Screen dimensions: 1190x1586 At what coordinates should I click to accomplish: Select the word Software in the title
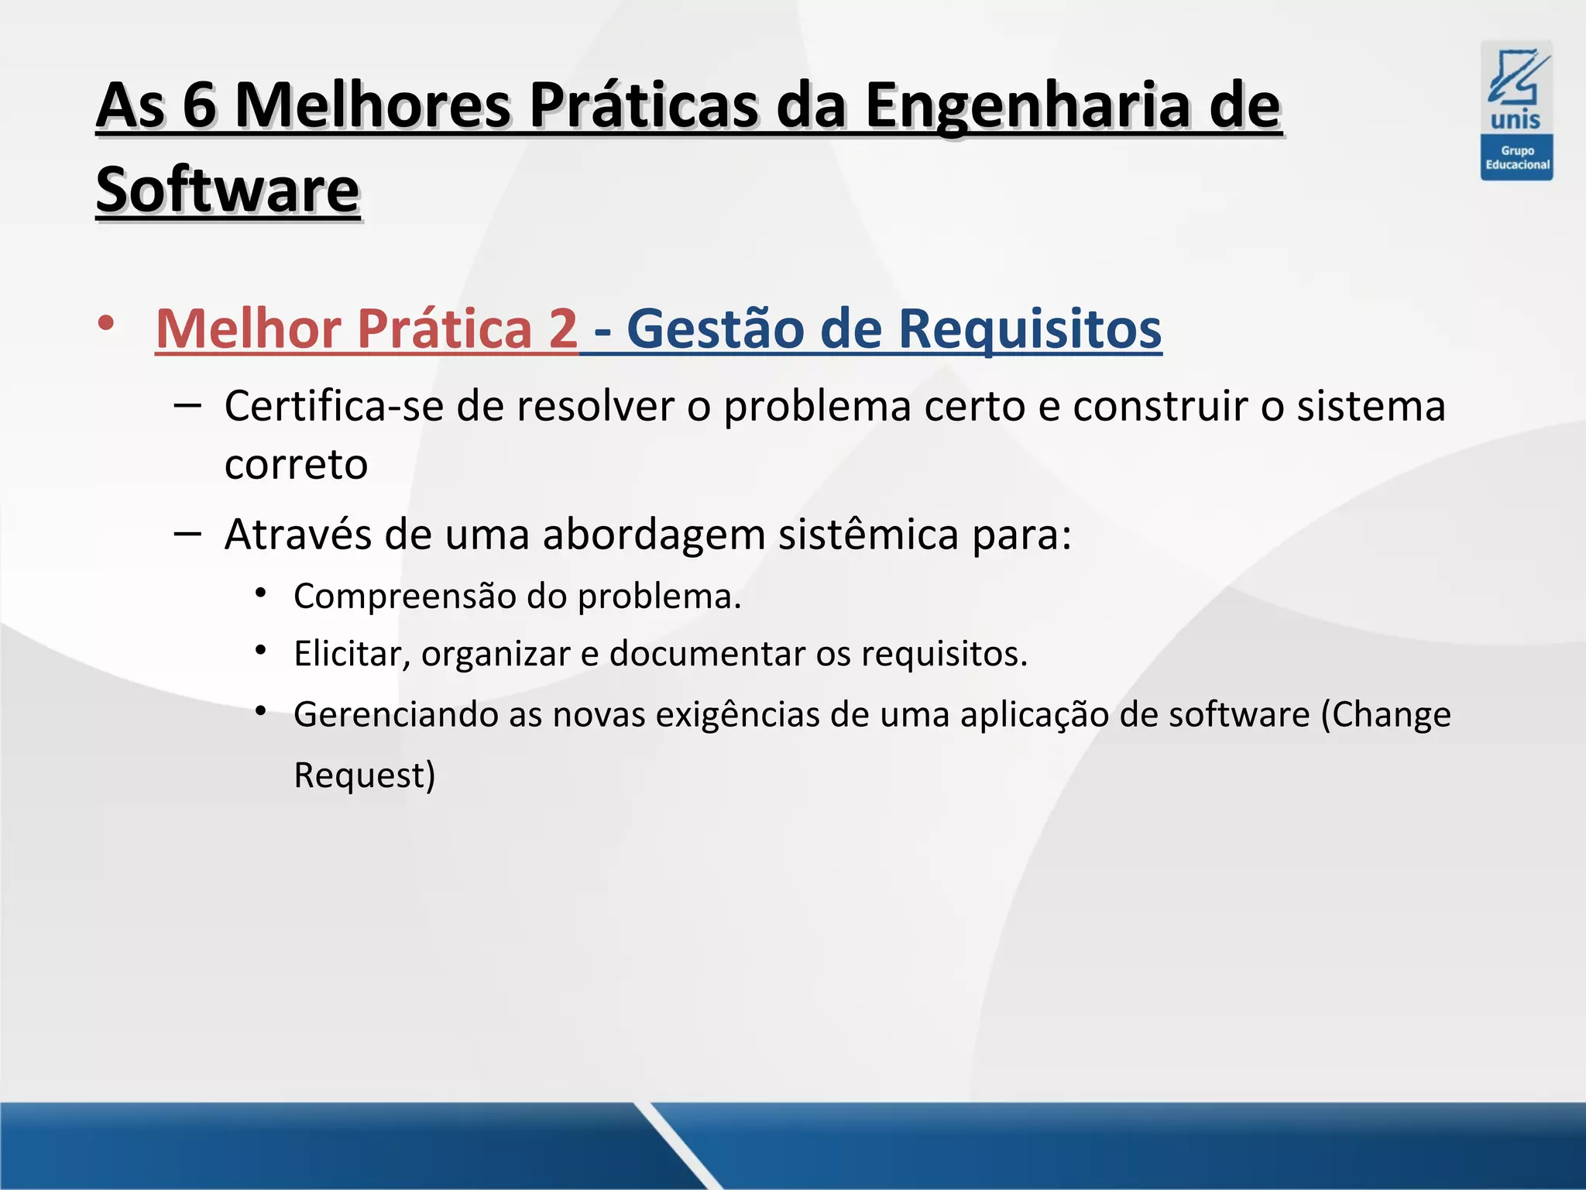point(228,190)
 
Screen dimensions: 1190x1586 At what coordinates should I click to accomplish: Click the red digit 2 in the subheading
point(563,328)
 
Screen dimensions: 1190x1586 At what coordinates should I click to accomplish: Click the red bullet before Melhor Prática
point(106,323)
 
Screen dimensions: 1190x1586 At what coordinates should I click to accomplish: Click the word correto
point(296,465)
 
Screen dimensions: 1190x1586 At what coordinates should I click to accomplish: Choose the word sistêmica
point(868,534)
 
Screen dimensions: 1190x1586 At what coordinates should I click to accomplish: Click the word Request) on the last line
point(365,775)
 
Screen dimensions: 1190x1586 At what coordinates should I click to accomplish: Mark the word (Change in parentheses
point(1385,714)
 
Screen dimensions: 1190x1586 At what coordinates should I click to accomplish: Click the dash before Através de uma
point(187,533)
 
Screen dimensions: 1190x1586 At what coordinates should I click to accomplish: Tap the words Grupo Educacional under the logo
point(1517,158)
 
